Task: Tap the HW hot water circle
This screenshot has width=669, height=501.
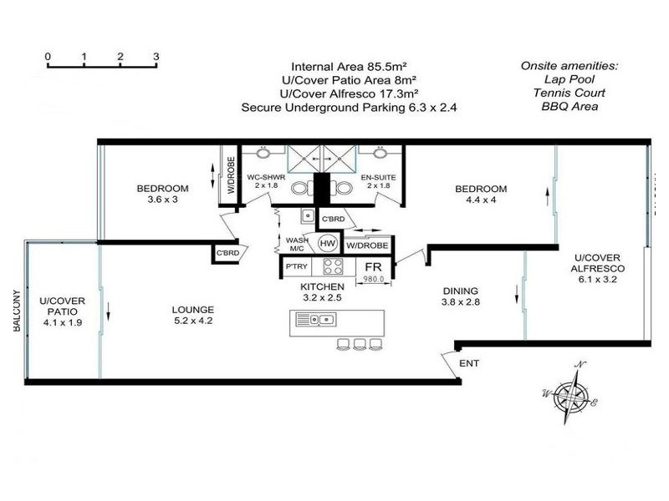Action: coord(329,243)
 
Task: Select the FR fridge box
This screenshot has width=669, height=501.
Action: coord(373,267)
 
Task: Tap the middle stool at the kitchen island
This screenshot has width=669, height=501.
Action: coord(360,343)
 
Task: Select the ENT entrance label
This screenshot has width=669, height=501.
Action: coord(469,365)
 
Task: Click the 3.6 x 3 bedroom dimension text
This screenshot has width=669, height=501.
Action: coord(163,200)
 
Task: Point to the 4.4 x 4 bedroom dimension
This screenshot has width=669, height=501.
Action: coord(481,200)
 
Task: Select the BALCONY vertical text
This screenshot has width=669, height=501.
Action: coord(16,311)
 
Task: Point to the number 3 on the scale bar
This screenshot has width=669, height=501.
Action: coord(156,57)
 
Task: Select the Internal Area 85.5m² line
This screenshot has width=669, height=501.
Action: coord(354,67)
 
